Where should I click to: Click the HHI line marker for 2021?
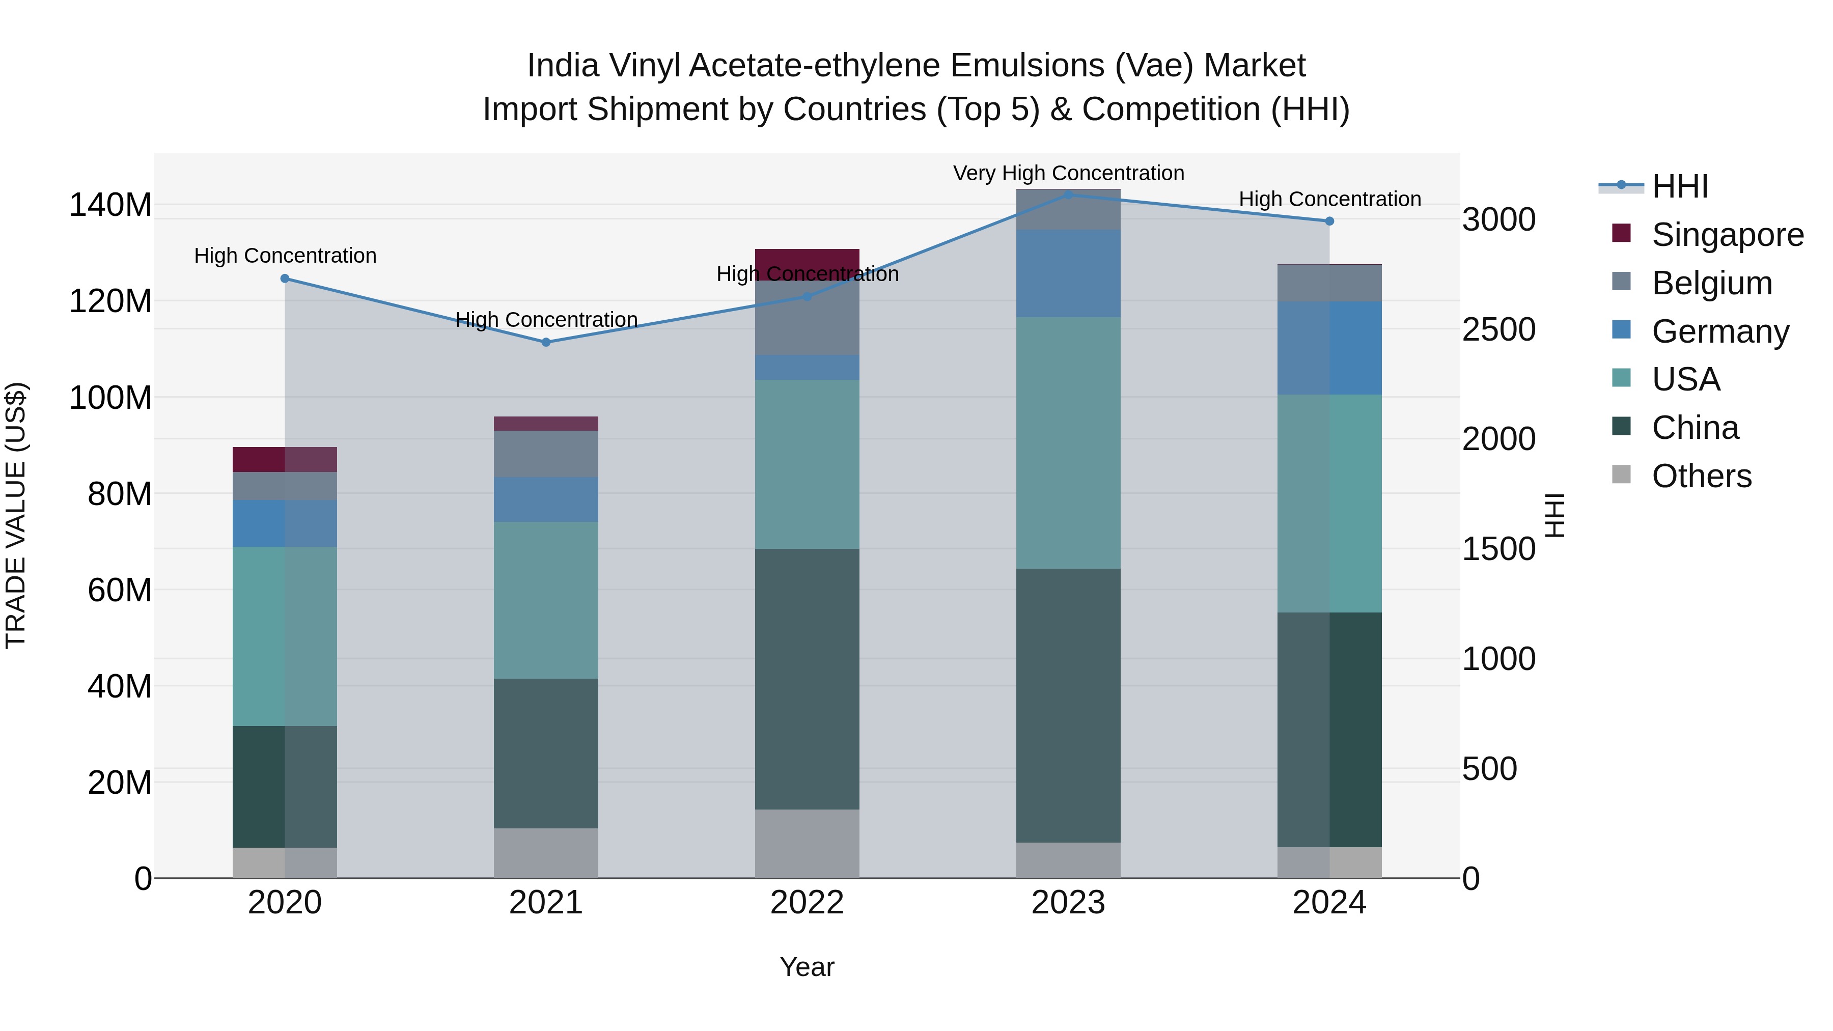pos(546,342)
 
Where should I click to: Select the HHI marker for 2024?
pos(1329,221)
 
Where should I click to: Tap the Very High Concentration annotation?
pos(1068,173)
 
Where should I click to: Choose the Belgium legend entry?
pos(1711,283)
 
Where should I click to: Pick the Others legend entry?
pos(1701,476)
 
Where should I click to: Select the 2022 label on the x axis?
pos(807,903)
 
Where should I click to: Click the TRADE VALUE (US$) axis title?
pos(16,515)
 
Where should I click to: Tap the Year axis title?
pos(807,967)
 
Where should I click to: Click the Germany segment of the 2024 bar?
pos(1329,347)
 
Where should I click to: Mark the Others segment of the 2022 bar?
pos(807,843)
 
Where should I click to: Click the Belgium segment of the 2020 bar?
pos(285,486)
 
